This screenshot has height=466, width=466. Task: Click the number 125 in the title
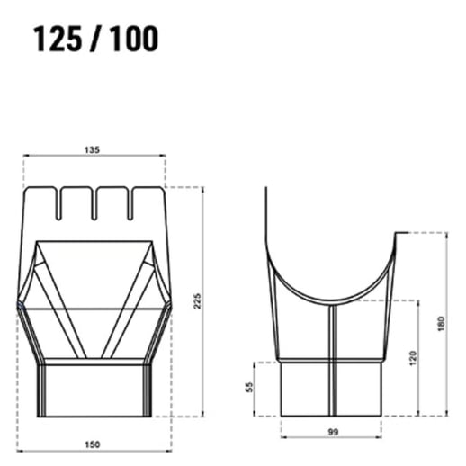[x=60, y=39]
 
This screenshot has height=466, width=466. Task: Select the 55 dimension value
[x=250, y=388]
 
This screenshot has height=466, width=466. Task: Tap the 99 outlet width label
[x=333, y=433]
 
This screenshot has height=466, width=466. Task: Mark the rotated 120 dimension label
[x=412, y=357]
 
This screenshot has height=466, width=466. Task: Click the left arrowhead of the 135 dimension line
[x=27, y=157]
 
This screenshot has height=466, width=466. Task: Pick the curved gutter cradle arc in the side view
[x=332, y=297]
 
